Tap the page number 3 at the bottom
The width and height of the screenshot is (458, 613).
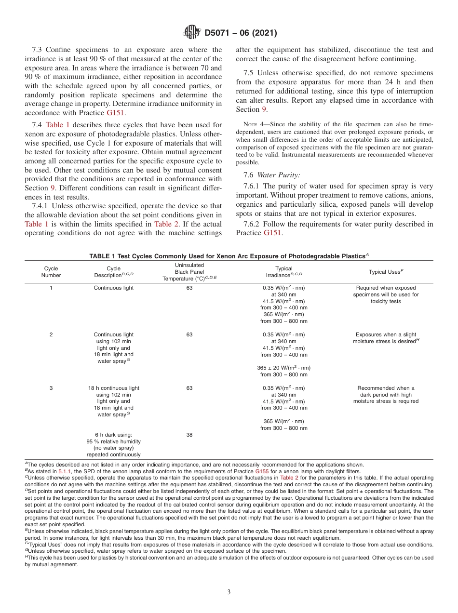229,592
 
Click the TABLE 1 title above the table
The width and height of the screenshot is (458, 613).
229,256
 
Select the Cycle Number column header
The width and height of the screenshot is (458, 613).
51,272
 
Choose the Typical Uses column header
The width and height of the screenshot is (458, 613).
386,272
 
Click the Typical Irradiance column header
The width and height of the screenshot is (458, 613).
283,272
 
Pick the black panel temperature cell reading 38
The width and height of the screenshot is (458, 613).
189,435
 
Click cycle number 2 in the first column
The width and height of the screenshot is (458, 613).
51,334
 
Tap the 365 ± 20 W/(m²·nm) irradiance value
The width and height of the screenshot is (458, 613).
283,368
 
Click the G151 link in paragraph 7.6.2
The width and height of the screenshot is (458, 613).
273,233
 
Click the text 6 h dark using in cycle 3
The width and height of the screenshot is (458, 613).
113,435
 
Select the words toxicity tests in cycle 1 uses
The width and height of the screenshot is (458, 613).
386,301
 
